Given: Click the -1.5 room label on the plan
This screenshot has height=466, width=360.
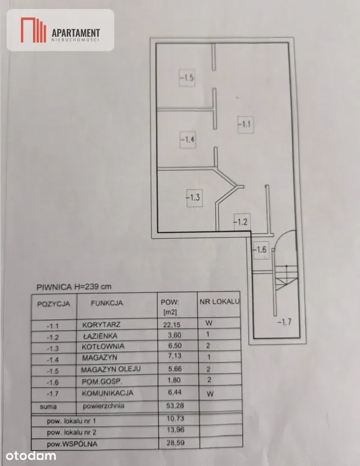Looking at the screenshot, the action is coord(187,78).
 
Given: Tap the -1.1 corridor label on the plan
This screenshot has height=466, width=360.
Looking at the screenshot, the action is coord(245,124).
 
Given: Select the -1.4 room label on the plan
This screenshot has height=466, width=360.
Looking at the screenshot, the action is coord(188,139).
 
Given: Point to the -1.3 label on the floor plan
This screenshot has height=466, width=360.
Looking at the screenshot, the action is coord(194,197).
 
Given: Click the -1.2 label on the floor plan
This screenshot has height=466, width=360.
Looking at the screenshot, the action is coord(241,222).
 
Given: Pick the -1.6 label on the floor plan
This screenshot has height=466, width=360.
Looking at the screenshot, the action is coord(260,250).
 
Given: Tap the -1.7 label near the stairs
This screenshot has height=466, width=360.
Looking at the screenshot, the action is coord(284,322).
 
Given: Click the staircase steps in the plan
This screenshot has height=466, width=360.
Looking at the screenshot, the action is coord(285,277).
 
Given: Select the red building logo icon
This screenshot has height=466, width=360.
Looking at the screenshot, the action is coord(33,29).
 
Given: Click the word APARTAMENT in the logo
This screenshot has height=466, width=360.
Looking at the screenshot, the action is coord(76,32).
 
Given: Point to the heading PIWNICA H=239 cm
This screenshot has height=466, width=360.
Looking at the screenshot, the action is coord(74,287).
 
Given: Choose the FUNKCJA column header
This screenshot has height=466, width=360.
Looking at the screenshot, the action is coord(107,303).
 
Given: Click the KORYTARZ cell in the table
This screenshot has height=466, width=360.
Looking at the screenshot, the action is coord(102,324).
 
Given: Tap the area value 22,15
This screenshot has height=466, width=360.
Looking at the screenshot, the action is coord(172,324).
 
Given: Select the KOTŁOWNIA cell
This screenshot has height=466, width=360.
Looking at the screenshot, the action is coord(103,346).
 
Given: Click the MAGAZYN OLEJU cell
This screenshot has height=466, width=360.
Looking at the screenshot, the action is coord(111,369).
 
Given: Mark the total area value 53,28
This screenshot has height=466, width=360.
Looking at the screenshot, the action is coord(175,405).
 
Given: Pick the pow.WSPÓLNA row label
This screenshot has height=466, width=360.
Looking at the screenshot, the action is coord(72,444).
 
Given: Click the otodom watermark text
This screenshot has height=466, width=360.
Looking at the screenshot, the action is coord(31,456).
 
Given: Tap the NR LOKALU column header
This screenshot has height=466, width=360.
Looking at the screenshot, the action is coord(219,302).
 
